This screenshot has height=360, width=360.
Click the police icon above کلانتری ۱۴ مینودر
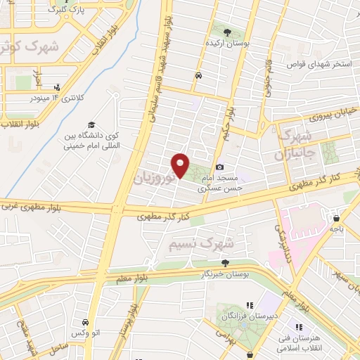57,88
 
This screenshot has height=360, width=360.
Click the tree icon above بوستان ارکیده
227,32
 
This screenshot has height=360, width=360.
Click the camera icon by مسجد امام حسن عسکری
221,167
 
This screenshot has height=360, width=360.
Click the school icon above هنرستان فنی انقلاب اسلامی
298,326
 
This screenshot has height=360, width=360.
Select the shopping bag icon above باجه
336,217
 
